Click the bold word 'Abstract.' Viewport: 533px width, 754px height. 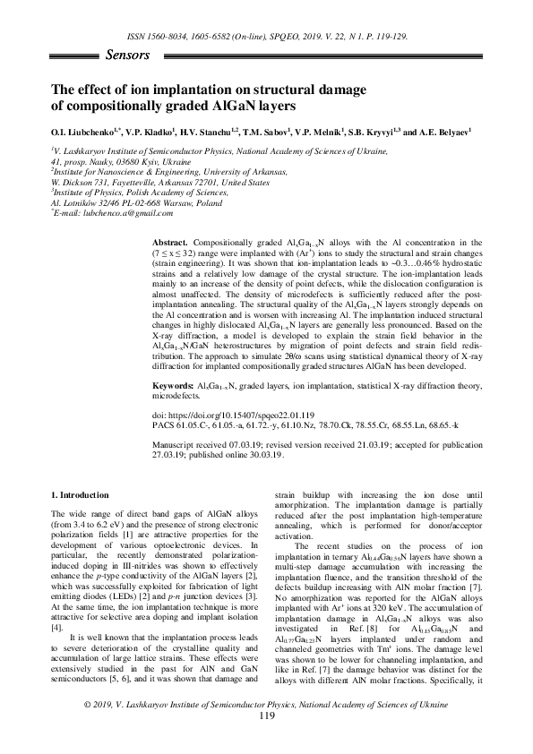pos(170,244)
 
